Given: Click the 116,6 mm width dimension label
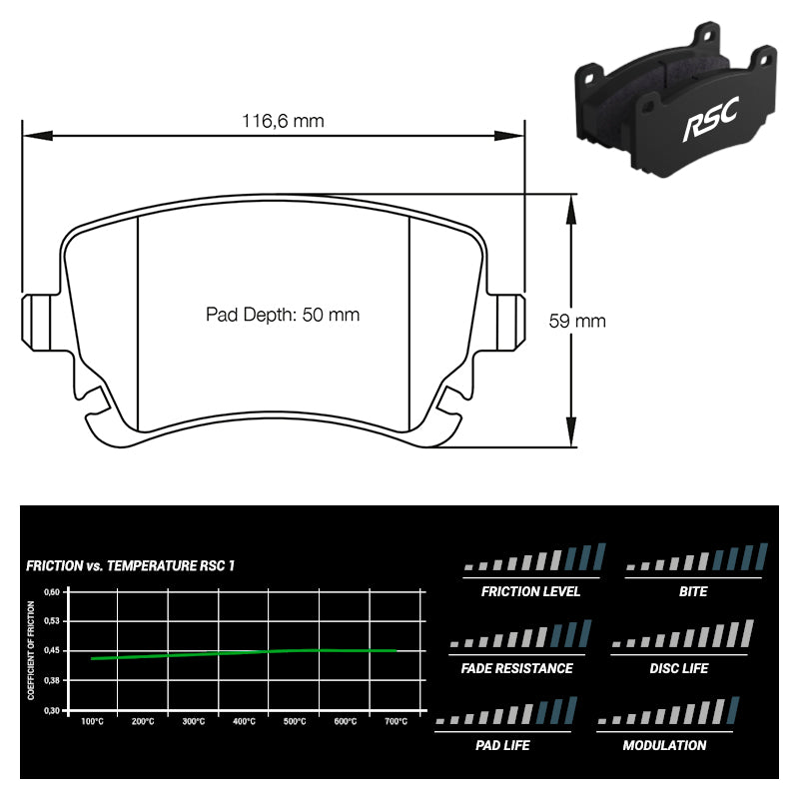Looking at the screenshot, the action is coord(283,121).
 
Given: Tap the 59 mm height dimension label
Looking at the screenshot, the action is coord(577,321).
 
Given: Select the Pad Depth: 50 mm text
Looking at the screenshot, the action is coord(283,315).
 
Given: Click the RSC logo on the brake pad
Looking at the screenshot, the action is coord(711,120).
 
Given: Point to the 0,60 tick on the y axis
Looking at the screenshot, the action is coord(52,592).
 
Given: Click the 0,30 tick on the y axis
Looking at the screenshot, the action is coord(52,710).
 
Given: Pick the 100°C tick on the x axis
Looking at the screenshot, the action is coord(92,721).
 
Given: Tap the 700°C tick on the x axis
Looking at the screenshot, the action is coord(396,721).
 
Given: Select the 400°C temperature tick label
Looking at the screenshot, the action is coord(244,721).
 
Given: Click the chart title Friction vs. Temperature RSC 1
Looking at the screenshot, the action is coord(131,565).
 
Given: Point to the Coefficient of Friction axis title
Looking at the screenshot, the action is coord(31,650).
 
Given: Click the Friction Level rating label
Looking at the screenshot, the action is coord(530,591).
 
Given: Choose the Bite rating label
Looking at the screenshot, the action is coord(693,591).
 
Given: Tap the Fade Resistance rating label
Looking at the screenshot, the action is coord(516,668).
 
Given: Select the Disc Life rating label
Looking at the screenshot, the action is coord(679,668).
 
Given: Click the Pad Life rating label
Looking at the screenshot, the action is coord(502,745).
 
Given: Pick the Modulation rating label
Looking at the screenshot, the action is coord(664,745).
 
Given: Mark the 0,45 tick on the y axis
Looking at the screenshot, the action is coord(52,651).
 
